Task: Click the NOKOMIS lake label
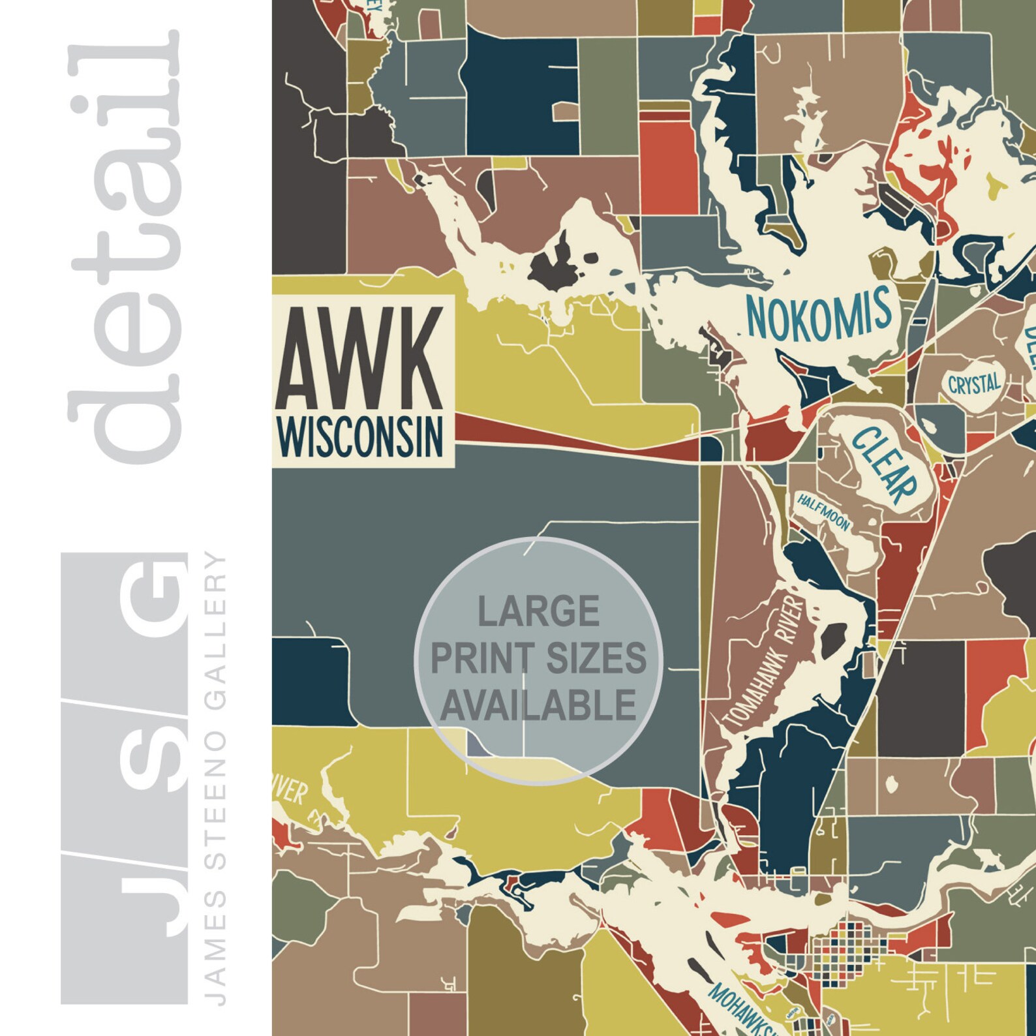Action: tap(819, 315)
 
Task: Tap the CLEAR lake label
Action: tap(884, 464)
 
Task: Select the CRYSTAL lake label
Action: tap(973, 384)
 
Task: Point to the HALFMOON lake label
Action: tap(823, 511)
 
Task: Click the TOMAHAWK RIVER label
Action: tap(763, 662)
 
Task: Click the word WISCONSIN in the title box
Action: tap(361, 436)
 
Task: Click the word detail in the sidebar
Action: tap(124, 248)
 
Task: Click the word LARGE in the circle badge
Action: tap(538, 611)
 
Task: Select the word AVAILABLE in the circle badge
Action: tap(538, 705)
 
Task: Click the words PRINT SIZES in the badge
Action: tap(538, 658)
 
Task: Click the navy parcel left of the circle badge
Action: tap(310, 682)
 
